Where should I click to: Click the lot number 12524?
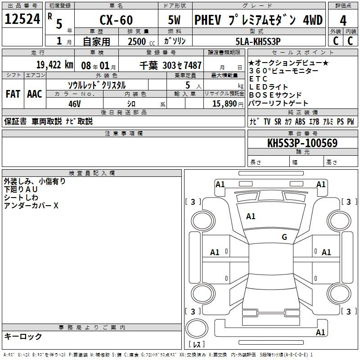[x=22, y=19]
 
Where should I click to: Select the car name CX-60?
[x=116, y=20]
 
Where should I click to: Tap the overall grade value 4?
[x=343, y=21]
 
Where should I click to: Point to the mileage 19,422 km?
[x=54, y=65]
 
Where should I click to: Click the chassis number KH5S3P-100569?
[x=302, y=143]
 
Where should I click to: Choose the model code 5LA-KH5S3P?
[x=258, y=41]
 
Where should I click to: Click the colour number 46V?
[x=75, y=104]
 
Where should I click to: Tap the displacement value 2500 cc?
[x=141, y=41]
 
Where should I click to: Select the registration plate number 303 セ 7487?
[x=182, y=65]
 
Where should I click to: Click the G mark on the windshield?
[x=284, y=237]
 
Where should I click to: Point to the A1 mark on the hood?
[x=251, y=216]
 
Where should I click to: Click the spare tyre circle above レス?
[x=197, y=328]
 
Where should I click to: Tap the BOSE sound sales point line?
[x=275, y=95]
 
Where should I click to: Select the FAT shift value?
[x=13, y=94]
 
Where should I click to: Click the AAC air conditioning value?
[x=35, y=94]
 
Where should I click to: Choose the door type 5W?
[x=174, y=20]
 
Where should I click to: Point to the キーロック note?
[x=23, y=336]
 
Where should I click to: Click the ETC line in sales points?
[x=258, y=79]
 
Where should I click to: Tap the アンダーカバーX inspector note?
[x=31, y=206]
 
